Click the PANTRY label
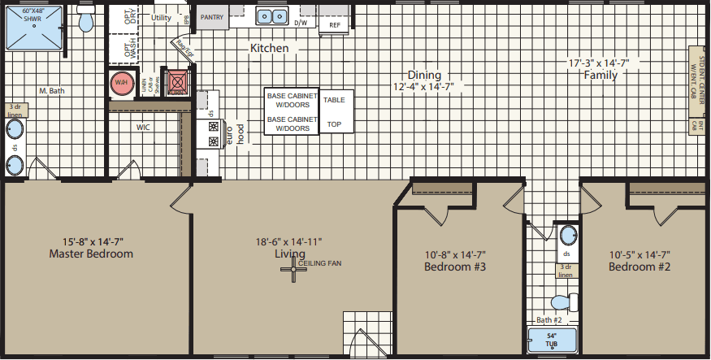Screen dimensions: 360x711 tap(211, 16)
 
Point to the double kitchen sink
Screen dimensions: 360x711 tap(272, 16)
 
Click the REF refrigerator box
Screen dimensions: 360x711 tap(335, 25)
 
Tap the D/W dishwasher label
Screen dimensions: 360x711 tap(300, 24)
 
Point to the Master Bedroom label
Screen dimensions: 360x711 tap(91, 254)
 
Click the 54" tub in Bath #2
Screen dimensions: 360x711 tap(553, 341)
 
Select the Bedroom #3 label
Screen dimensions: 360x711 tap(455, 267)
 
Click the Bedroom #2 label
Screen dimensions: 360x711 tap(639, 267)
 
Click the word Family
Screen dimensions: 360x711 tap(600, 75)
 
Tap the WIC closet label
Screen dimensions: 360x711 tap(143, 127)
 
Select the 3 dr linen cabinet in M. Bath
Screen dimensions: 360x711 tap(15, 111)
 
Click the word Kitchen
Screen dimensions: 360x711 tap(269, 49)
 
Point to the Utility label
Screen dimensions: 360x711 tap(161, 18)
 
